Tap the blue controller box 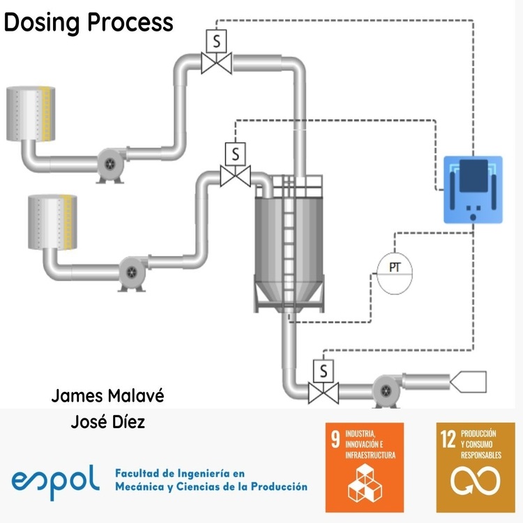(473, 189)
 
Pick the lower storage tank (50, 222)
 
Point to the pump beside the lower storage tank (131, 271)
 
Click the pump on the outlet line (384, 390)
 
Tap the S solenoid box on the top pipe (216, 42)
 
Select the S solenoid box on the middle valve (235, 152)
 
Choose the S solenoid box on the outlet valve (323, 369)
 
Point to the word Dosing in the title (43, 22)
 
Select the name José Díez (108, 422)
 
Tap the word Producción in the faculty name (275, 486)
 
